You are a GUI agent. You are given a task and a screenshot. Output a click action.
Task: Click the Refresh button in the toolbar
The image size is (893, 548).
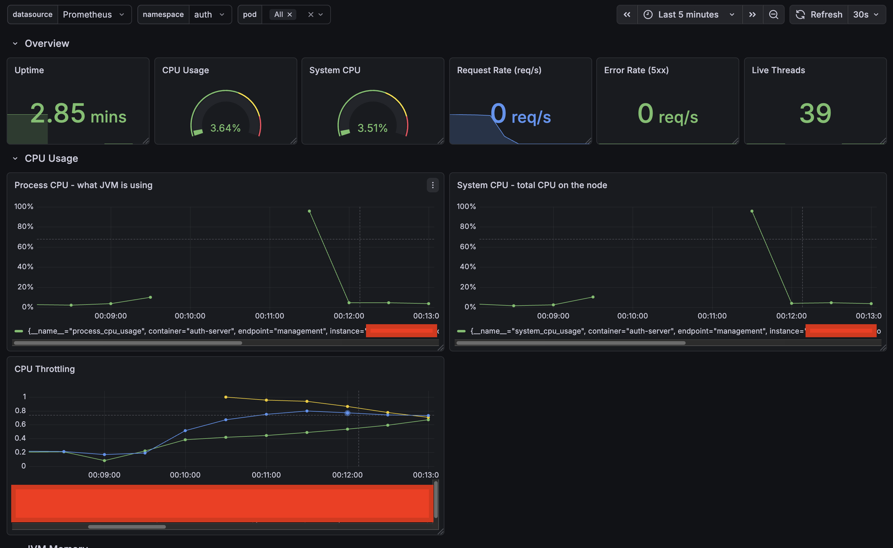pyautogui.click(x=819, y=15)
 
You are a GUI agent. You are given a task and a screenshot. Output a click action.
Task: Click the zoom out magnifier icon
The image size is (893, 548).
pyautogui.click(x=773, y=15)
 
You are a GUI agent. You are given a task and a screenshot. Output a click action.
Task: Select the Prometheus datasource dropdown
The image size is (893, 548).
pyautogui.click(x=94, y=15)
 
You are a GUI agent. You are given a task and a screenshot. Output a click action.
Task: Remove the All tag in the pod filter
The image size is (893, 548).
pyautogui.click(x=289, y=15)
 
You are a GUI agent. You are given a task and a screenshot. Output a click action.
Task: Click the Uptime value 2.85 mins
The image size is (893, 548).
pyautogui.click(x=78, y=113)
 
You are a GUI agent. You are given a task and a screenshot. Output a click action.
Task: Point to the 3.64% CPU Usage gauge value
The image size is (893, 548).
pyautogui.click(x=225, y=128)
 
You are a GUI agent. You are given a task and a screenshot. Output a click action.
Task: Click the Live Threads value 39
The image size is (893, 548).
pyautogui.click(x=815, y=113)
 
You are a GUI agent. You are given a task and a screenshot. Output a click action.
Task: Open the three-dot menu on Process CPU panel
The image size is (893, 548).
pyautogui.click(x=432, y=185)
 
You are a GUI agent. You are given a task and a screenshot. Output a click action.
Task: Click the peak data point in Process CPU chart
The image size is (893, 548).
pyautogui.click(x=309, y=211)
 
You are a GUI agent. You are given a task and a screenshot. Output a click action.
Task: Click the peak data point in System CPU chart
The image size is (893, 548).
pyautogui.click(x=752, y=211)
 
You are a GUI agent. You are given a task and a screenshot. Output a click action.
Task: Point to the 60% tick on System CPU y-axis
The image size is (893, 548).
pyautogui.click(x=467, y=247)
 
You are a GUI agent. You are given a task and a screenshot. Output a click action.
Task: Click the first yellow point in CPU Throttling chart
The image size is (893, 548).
pyautogui.click(x=226, y=397)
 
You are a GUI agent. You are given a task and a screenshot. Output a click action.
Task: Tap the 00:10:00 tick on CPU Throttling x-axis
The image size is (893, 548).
pyautogui.click(x=185, y=475)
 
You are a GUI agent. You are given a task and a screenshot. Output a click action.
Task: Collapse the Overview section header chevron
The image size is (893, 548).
pyautogui.click(x=15, y=44)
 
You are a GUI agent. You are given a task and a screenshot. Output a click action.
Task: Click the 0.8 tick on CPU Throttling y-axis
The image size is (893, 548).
pyautogui.click(x=20, y=411)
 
